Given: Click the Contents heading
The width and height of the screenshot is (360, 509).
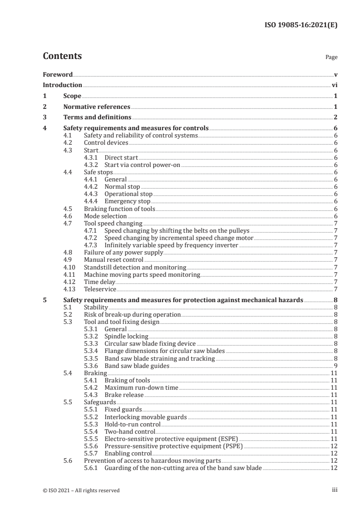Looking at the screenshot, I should pos(62,56).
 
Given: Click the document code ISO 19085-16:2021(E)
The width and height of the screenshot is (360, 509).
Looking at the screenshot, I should pos(301,25).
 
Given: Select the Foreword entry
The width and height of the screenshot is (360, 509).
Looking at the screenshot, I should pos(58,74).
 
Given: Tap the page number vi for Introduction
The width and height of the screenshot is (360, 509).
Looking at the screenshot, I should pos(334,85).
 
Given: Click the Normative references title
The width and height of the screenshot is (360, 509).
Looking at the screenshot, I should pos(97,107).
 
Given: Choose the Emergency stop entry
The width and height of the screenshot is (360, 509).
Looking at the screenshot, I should pos(127,201).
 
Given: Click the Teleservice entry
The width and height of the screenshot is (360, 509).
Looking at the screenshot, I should pos(100,289).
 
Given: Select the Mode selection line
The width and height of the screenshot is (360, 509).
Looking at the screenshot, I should pos(105,216).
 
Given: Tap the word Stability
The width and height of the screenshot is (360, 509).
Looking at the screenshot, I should pos(96,307).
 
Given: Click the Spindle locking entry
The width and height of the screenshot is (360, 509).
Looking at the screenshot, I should pos(126,336).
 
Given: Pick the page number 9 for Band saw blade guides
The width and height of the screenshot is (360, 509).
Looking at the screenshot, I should pos(335,365).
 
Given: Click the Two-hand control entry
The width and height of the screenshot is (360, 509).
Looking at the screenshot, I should pos(130,431).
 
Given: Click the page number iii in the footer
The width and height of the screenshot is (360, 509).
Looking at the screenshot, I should pos(335,490).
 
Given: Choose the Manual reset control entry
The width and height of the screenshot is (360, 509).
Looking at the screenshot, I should pos(113,259).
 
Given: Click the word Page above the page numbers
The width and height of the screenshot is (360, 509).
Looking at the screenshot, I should pos(331,58).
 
